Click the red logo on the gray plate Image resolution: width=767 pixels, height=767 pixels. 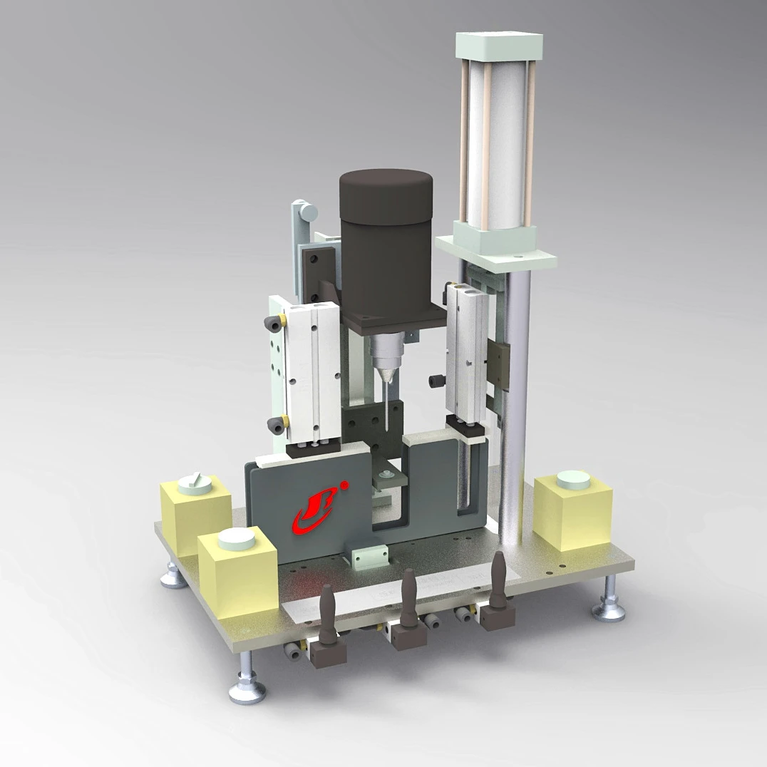click(x=314, y=511)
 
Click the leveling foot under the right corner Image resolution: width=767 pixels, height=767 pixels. click(x=609, y=606)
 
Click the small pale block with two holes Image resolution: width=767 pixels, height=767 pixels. click(x=369, y=552)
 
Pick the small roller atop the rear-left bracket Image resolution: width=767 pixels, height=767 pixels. click(x=307, y=211)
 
